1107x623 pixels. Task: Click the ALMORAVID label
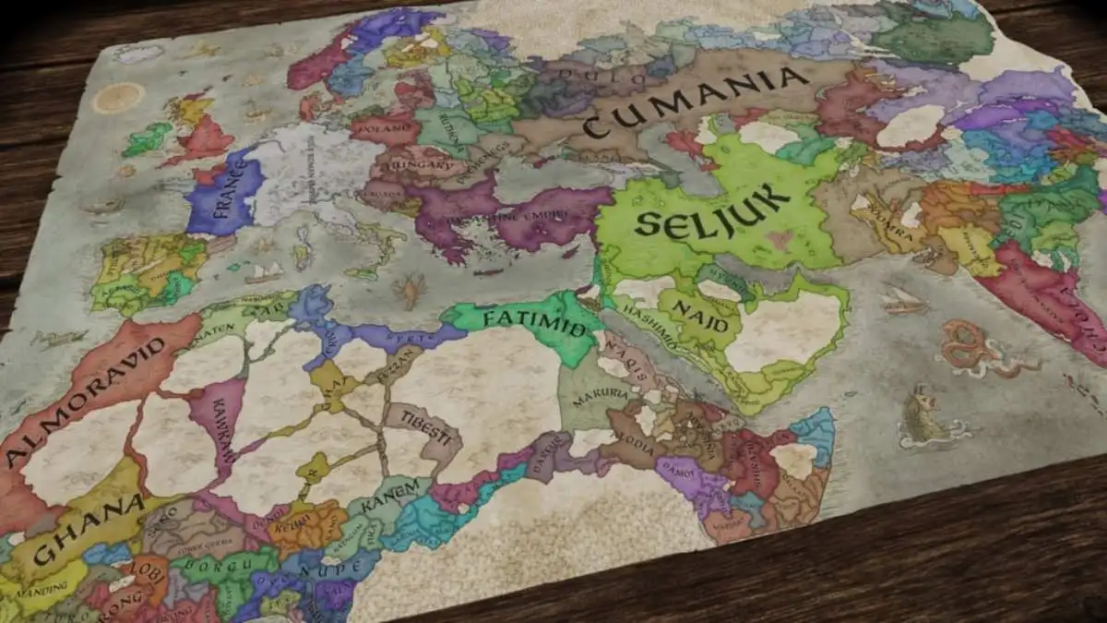pos(88,391)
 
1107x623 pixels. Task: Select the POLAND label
pos(382,128)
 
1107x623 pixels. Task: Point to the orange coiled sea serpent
pos(974,349)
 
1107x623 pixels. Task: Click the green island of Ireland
pos(147,138)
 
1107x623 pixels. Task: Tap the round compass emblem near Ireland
pos(117,97)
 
